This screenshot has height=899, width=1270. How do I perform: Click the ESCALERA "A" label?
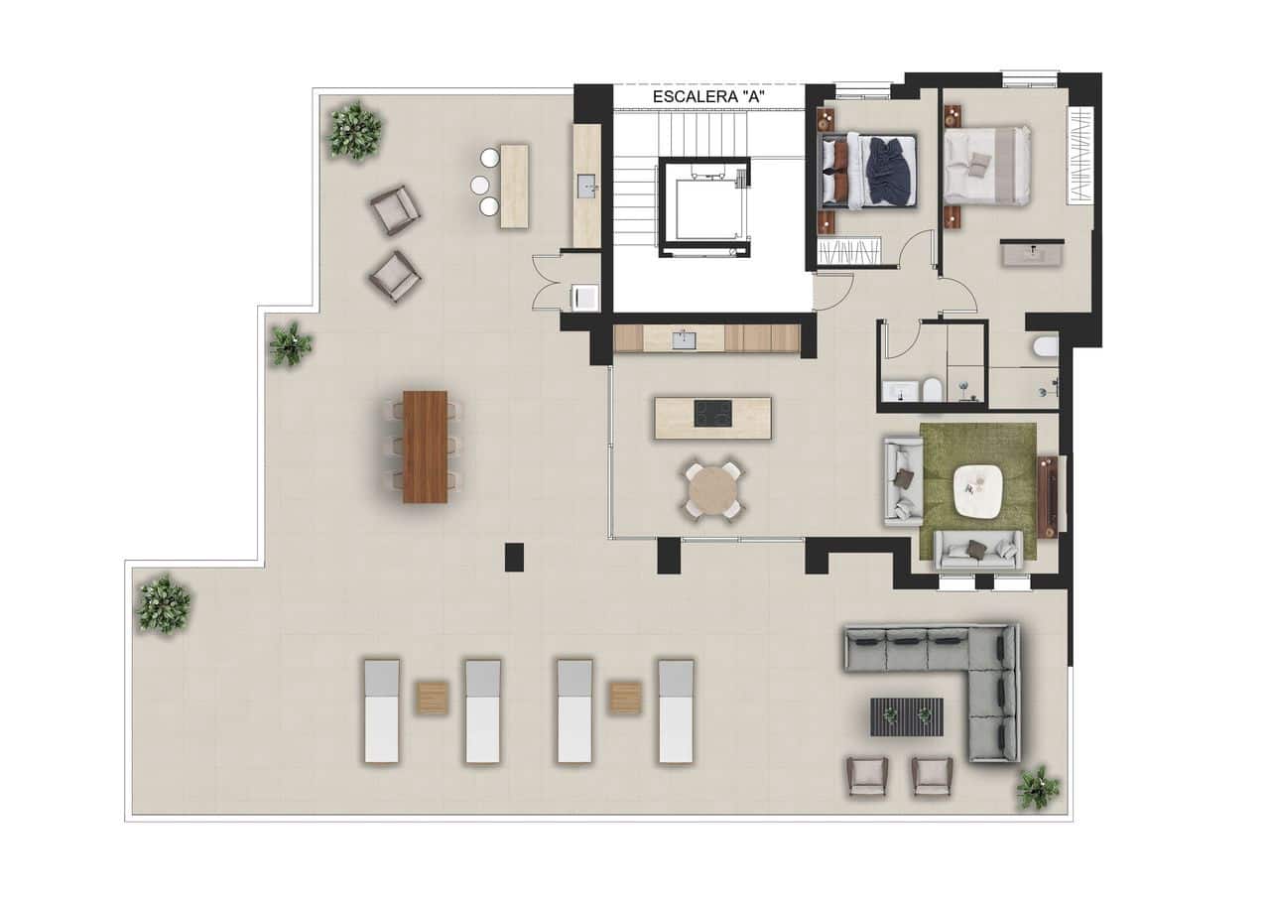[x=708, y=97]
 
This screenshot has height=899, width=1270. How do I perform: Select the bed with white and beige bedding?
[x=987, y=165]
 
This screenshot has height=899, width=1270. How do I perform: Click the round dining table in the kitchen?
[x=711, y=490]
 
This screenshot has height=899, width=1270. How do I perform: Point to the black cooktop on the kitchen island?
[x=712, y=413]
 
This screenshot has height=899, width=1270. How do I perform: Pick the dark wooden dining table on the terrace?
[x=425, y=447]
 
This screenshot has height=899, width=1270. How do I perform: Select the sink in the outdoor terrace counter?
[x=586, y=185]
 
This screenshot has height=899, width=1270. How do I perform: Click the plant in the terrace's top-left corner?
[x=354, y=131]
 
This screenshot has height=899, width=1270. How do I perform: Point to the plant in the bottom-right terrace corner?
[x=1037, y=787]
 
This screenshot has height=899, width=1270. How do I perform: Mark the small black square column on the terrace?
[x=514, y=557]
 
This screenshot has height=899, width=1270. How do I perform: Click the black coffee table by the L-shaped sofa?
[x=907, y=716]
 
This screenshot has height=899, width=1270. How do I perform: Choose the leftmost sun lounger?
[x=381, y=710]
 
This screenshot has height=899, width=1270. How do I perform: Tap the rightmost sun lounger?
[x=676, y=710]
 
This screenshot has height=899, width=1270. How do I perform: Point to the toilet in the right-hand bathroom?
[x=1045, y=347]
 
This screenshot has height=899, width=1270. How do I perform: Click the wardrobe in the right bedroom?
[x=1079, y=156]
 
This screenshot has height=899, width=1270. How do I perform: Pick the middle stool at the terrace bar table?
[x=480, y=185]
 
